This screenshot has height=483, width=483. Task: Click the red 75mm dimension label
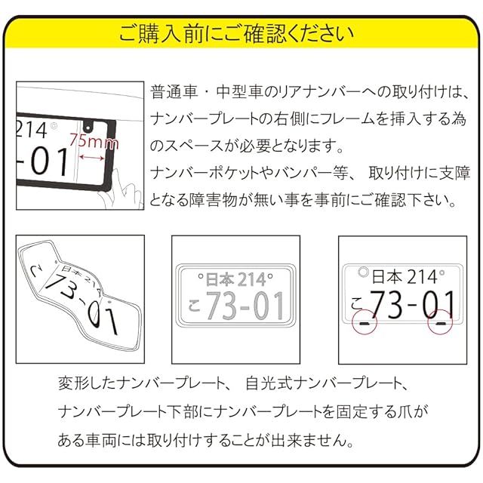94,141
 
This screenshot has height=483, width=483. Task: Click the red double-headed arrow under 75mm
92,158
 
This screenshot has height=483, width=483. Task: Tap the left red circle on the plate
365,322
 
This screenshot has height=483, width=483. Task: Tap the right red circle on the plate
440,322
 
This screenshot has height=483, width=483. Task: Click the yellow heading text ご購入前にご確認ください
236,33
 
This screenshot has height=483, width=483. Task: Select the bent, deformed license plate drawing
80,297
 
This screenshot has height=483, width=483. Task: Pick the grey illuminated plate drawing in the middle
235,295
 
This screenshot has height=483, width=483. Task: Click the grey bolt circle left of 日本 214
364,272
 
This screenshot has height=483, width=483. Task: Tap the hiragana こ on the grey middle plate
195,305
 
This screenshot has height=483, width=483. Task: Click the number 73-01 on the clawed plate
412,304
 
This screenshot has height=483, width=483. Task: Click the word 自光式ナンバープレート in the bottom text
324,383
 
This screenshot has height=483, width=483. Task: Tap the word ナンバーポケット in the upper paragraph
205,173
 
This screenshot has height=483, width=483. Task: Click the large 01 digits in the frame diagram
49,161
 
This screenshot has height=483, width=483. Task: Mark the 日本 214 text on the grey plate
235,279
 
